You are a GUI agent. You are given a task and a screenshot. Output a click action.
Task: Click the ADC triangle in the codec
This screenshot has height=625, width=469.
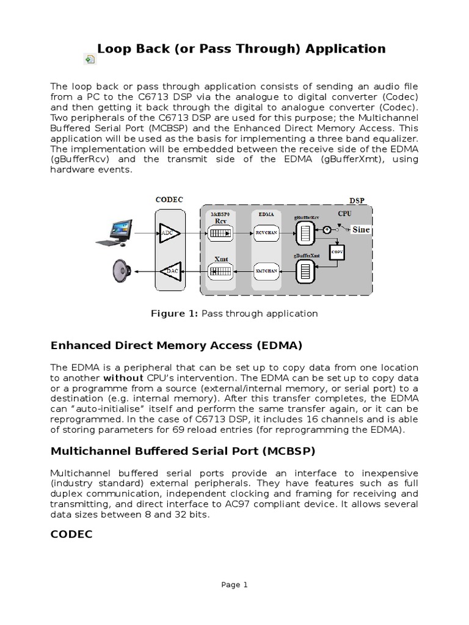coord(167,233)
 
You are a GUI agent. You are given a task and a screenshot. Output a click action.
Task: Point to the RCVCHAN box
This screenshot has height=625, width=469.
coord(264,233)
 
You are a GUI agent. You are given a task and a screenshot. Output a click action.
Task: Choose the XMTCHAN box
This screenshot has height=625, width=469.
coord(264,270)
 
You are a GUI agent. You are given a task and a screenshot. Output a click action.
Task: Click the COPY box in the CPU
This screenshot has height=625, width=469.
coord(336,251)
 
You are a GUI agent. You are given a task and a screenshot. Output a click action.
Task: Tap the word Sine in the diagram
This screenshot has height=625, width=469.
coord(360,229)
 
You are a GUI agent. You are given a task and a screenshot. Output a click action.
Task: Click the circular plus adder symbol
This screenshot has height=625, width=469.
coord(327,229)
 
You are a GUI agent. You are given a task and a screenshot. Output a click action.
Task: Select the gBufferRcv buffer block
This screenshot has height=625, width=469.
coord(305,233)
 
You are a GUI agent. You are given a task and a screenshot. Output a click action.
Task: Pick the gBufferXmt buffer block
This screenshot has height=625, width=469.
coord(305,270)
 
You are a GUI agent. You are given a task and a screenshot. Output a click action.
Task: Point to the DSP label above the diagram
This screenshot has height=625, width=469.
coord(357,200)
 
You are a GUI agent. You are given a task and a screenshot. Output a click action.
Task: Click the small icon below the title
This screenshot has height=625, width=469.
coord(89,59)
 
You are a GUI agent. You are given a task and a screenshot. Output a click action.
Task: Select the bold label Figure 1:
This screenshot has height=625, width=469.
coord(174,313)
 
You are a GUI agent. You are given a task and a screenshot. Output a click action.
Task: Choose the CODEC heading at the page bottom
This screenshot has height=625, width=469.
coord(71,534)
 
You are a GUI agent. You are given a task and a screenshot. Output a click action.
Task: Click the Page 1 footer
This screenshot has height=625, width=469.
coord(234,584)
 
